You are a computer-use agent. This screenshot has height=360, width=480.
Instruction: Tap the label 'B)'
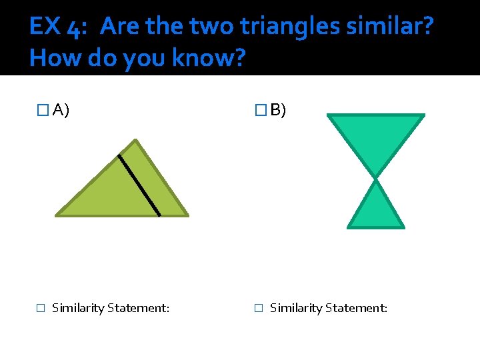278,110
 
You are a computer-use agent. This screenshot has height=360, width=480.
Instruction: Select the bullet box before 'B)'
260,110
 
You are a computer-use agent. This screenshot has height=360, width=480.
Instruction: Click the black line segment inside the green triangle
139,185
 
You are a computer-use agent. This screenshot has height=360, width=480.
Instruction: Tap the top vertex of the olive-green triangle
135,140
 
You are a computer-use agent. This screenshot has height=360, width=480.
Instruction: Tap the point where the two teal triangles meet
376,179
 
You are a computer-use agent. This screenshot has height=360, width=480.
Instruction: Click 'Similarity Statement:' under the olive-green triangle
111,308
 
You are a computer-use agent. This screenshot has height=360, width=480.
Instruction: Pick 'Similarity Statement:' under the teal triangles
329,308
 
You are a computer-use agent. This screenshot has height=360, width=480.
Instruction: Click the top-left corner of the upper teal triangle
328,115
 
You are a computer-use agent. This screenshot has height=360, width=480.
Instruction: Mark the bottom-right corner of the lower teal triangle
403,227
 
